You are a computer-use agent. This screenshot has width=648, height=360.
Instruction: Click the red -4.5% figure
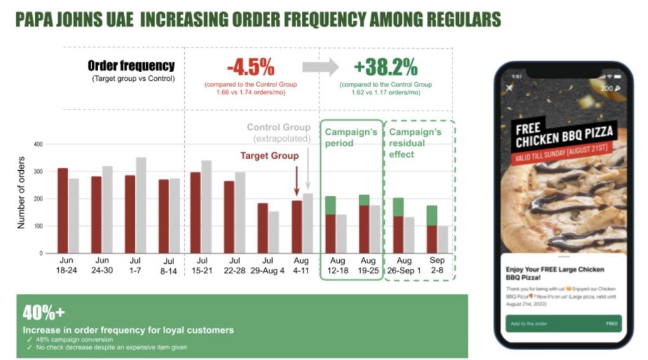[x=251, y=66]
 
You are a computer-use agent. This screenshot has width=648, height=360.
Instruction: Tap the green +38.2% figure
[x=385, y=66]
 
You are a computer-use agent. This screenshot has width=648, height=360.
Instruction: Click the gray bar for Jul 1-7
[x=140, y=206]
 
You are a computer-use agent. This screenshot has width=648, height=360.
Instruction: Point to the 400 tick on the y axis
[x=39, y=144]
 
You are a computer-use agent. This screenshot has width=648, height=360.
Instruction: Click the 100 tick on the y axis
[x=39, y=226]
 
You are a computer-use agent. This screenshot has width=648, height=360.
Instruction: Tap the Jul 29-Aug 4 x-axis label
[x=268, y=265]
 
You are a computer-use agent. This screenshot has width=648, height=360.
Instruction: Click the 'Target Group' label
[x=269, y=156]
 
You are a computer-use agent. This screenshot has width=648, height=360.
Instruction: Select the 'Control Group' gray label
[x=278, y=127]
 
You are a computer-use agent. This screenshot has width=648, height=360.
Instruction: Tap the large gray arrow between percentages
[x=320, y=66]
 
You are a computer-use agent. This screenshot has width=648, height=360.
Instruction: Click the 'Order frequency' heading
[x=131, y=66]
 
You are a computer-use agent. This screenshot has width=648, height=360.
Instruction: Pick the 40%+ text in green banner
[x=44, y=312]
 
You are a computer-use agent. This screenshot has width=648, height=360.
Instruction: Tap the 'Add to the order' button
[x=563, y=323]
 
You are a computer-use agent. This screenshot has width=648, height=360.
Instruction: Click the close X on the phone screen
[x=509, y=88]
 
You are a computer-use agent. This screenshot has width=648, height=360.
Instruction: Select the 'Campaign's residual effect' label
[x=415, y=143]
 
